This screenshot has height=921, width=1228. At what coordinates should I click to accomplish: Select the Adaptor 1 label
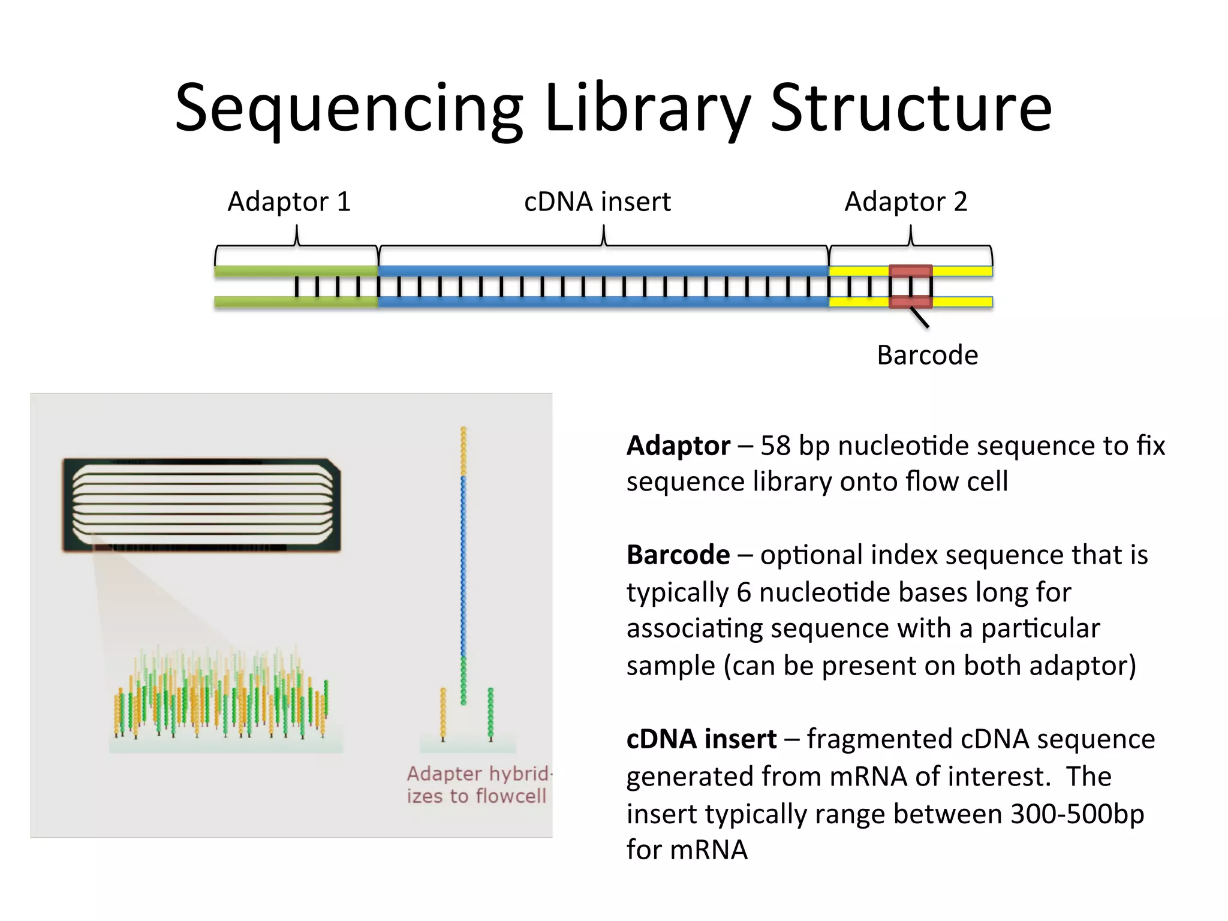(288, 201)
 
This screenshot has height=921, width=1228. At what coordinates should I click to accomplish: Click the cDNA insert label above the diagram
(597, 201)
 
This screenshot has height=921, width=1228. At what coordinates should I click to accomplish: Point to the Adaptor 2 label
(905, 201)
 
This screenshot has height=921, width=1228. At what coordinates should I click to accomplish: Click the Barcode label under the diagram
(927, 355)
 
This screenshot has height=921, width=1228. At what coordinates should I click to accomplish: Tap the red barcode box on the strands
(910, 287)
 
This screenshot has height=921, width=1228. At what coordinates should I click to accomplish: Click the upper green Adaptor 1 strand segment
(296, 271)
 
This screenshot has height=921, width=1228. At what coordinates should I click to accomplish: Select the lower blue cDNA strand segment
(603, 302)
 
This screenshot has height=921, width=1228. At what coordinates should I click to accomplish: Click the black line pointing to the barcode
(919, 317)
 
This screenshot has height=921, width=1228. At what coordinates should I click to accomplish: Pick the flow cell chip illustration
(201, 505)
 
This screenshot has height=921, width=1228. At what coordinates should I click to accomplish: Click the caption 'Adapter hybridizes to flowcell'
(477, 784)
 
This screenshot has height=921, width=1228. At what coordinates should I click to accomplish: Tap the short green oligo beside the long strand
(490, 712)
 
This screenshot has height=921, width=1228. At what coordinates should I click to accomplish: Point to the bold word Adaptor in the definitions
(678, 446)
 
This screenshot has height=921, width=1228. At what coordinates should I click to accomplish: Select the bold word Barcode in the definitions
(678, 555)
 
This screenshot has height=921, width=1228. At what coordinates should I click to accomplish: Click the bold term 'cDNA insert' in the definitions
(701, 739)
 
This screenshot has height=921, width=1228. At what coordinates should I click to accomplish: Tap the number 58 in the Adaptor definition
(775, 446)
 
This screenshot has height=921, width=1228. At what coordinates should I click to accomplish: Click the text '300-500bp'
(1077, 814)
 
